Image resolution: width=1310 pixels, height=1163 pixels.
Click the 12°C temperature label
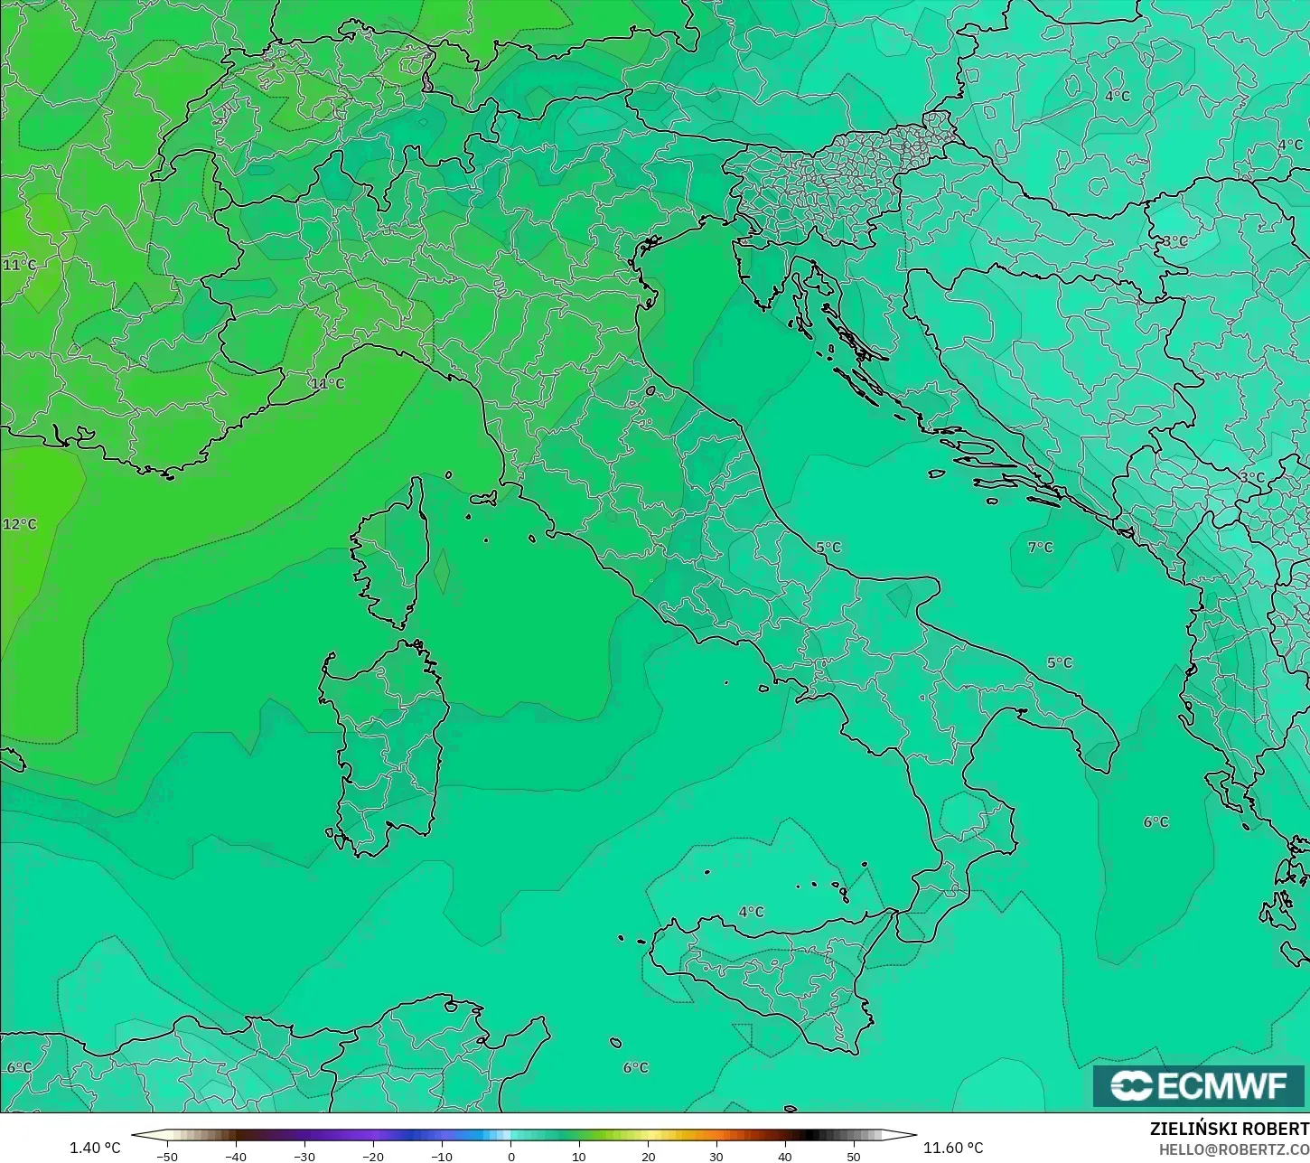click(x=20, y=524)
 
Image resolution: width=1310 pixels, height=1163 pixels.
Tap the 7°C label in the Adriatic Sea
click(x=1041, y=547)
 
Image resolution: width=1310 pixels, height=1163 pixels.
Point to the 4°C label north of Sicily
click(x=752, y=912)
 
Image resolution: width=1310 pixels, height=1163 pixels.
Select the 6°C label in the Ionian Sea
click(x=1156, y=821)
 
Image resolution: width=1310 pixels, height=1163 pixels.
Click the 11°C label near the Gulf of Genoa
click(x=328, y=383)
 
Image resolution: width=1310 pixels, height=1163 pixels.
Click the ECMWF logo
click(x=1200, y=1085)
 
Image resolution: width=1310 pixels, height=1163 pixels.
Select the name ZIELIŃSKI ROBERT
click(x=1229, y=1129)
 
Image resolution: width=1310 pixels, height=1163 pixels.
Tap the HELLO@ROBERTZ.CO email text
click(x=1234, y=1149)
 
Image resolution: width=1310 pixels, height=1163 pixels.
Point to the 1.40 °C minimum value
click(x=95, y=1148)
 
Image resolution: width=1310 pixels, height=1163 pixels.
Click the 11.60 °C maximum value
click(x=953, y=1148)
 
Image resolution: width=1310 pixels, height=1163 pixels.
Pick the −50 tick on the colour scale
click(x=167, y=1156)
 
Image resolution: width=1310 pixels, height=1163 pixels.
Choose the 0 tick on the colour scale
click(x=510, y=1156)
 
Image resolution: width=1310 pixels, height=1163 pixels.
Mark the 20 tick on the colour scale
click(x=648, y=1156)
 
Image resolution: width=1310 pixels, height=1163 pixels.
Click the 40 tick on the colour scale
click(x=785, y=1156)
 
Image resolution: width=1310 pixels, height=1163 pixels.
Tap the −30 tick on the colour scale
click(x=304, y=1156)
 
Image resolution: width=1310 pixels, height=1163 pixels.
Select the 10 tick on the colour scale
click(x=579, y=1156)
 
